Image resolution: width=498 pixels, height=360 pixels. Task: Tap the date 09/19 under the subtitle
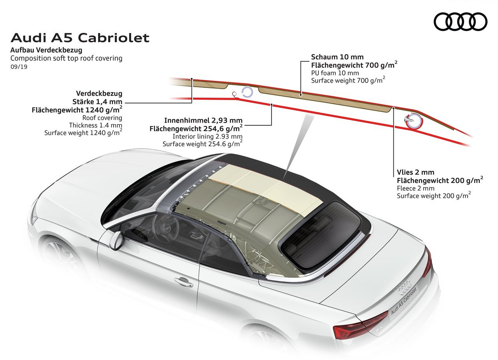[x=19, y=67]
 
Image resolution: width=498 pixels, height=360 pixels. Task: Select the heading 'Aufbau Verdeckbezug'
[x=46, y=50]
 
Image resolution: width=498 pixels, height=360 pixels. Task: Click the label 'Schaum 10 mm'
[x=337, y=57]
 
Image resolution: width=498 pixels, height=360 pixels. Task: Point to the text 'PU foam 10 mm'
[x=335, y=73]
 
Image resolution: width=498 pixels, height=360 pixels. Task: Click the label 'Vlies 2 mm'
[x=416, y=172]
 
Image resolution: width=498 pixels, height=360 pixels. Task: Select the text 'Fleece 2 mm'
[x=416, y=188]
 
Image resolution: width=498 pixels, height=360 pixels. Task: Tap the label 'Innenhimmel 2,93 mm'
[x=203, y=120]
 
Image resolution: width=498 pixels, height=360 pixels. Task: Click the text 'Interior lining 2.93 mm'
[x=207, y=136]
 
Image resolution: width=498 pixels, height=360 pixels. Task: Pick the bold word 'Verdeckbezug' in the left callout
[x=99, y=93]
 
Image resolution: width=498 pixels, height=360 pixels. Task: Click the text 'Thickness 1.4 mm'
[x=96, y=125]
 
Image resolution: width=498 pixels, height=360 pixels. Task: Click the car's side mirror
[x=116, y=241]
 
